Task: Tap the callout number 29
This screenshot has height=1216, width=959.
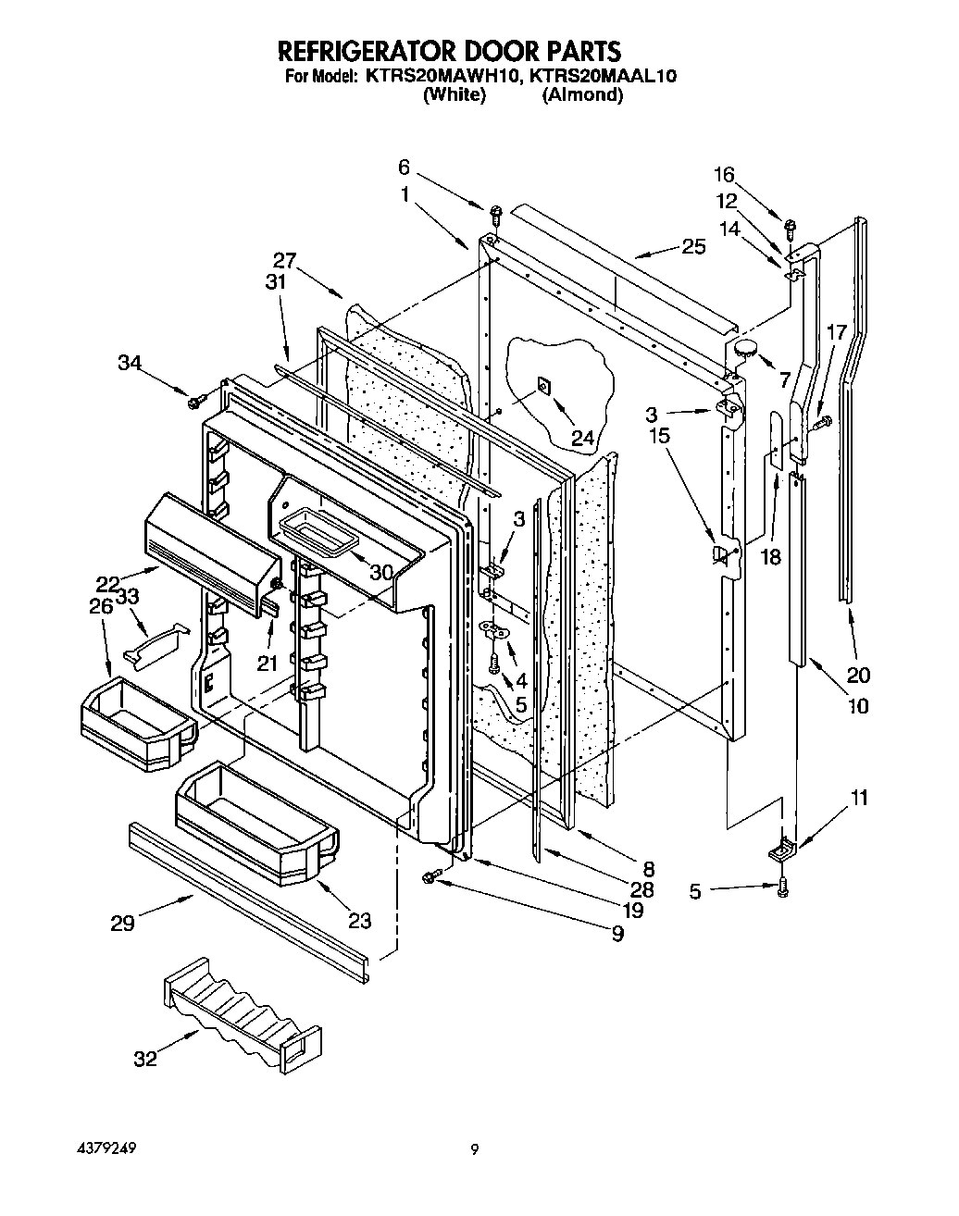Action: [123, 923]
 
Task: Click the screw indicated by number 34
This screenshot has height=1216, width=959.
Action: [196, 402]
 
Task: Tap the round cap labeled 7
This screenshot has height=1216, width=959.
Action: [745, 350]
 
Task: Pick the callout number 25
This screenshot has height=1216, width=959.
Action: [693, 247]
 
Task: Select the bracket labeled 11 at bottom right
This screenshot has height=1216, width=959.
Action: [785, 847]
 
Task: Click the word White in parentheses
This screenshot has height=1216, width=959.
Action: [454, 94]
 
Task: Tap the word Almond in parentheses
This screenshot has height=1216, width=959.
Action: [582, 94]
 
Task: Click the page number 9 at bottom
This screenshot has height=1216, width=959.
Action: [474, 1150]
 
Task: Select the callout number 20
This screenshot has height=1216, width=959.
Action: [858, 674]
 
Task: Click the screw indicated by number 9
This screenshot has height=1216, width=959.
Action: [430, 876]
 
